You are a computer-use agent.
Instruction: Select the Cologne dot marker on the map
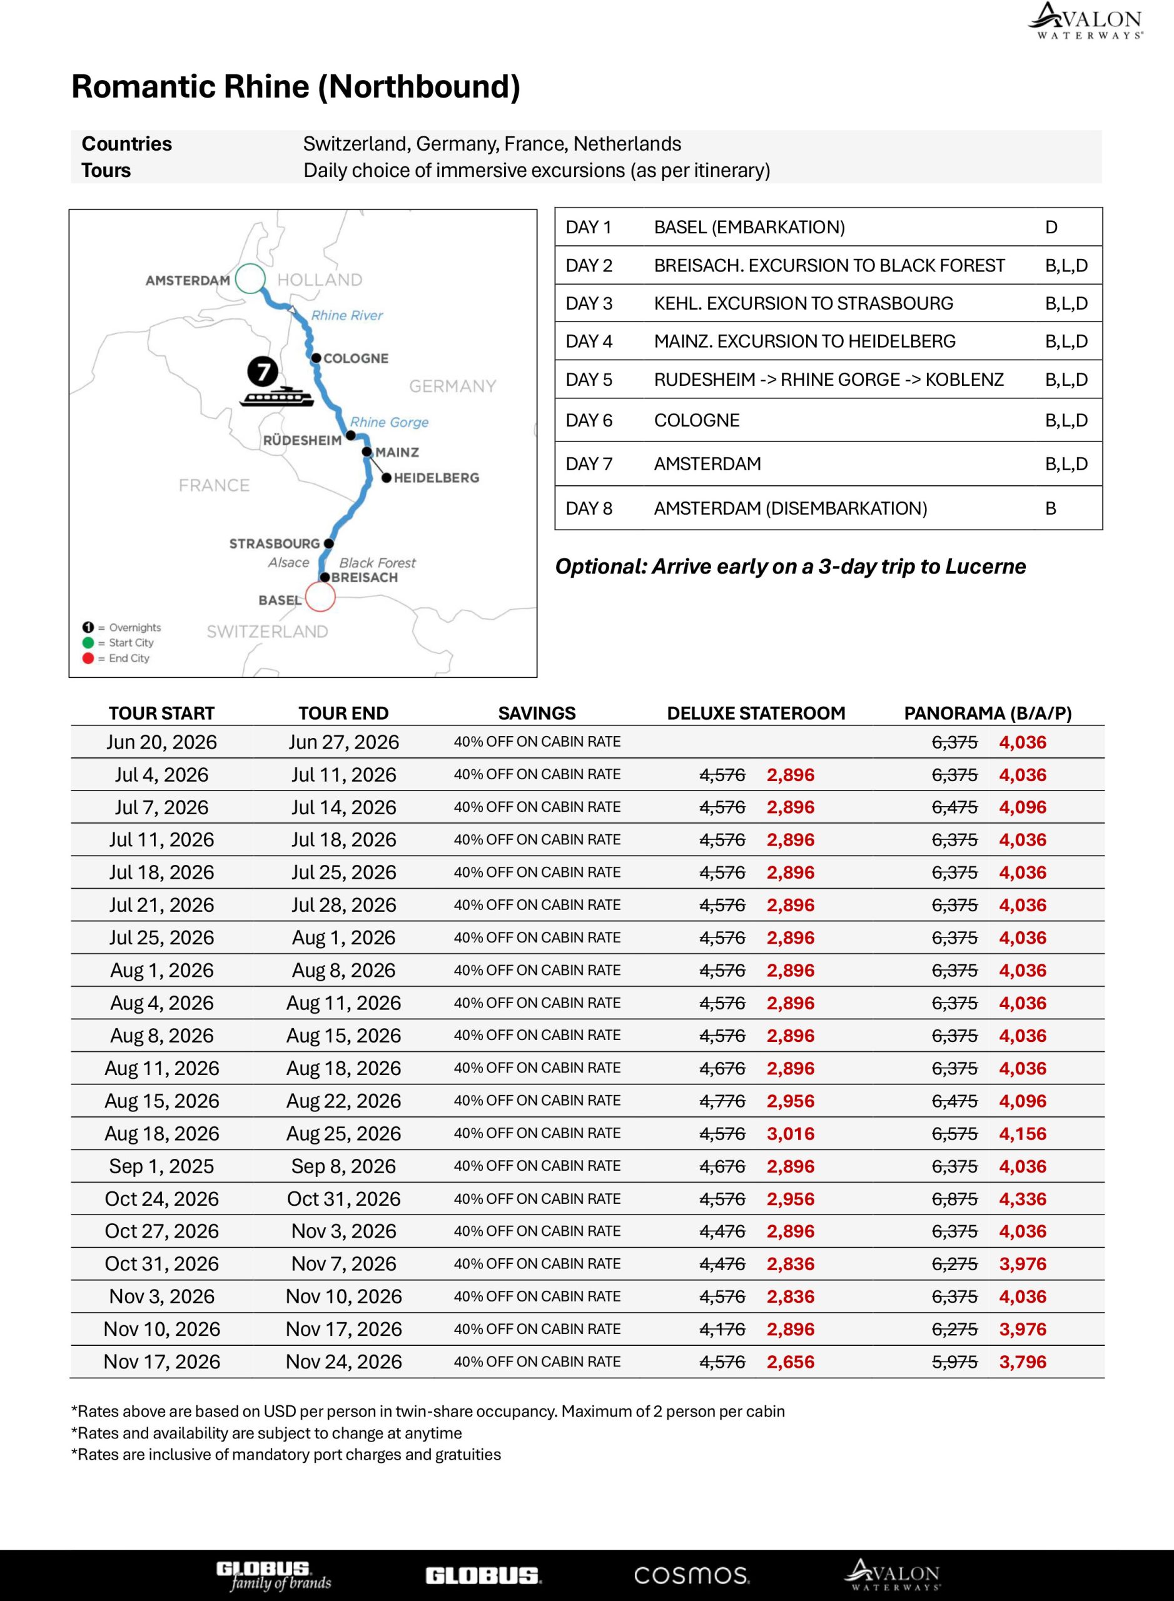point(316,358)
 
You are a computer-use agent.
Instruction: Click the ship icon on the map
point(276,396)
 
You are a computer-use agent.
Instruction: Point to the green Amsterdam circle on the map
point(250,278)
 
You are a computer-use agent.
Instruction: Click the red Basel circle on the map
point(320,597)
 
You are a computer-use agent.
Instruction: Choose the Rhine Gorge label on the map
point(390,422)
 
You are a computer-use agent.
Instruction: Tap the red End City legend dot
point(88,658)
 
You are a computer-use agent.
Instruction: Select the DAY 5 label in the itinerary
point(589,380)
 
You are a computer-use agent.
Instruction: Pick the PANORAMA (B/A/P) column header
point(987,713)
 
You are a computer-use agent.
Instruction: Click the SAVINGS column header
point(537,713)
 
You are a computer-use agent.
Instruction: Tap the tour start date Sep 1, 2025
point(161,1166)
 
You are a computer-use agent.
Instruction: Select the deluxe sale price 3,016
point(790,1133)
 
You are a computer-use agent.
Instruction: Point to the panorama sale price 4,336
point(1023,1199)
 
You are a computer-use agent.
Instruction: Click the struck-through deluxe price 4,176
point(722,1329)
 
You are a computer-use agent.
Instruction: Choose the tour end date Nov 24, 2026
point(343,1361)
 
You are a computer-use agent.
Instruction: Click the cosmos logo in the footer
point(691,1575)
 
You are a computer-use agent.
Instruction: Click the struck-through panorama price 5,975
point(954,1361)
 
